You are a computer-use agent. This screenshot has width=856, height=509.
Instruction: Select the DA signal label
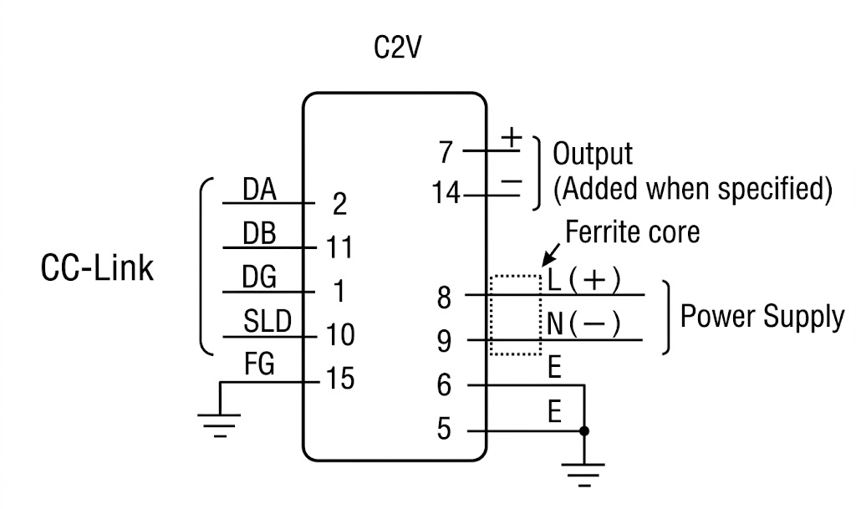(259, 191)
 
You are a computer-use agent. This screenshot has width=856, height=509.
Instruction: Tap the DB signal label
(259, 235)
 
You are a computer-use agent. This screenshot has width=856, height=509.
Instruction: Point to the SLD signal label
(267, 322)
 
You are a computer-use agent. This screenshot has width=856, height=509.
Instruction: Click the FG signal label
(259, 365)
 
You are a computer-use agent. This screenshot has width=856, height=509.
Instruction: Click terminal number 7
(446, 153)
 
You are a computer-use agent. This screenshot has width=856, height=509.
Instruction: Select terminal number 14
(446, 195)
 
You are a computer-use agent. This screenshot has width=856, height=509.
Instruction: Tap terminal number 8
(445, 297)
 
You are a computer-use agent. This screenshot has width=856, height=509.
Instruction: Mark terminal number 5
(445, 430)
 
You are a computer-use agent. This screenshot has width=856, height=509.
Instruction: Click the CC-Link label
(98, 270)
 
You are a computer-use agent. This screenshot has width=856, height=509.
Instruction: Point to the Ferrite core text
(633, 232)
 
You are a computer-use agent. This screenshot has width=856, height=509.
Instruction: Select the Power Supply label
(762, 318)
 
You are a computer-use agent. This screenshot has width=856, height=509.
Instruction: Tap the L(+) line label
(584, 280)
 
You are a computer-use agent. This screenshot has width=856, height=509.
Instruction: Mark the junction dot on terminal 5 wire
(583, 431)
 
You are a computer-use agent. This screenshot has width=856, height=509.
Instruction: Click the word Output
(594, 155)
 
